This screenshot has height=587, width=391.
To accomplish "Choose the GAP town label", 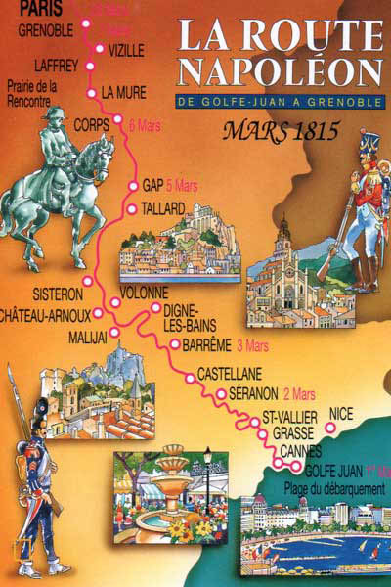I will (152, 184).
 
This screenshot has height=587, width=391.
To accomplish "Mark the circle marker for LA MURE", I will (91, 94).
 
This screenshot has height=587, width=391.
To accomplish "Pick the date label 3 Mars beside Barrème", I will (251, 344).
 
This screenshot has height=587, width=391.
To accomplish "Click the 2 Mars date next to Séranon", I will (300, 395).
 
